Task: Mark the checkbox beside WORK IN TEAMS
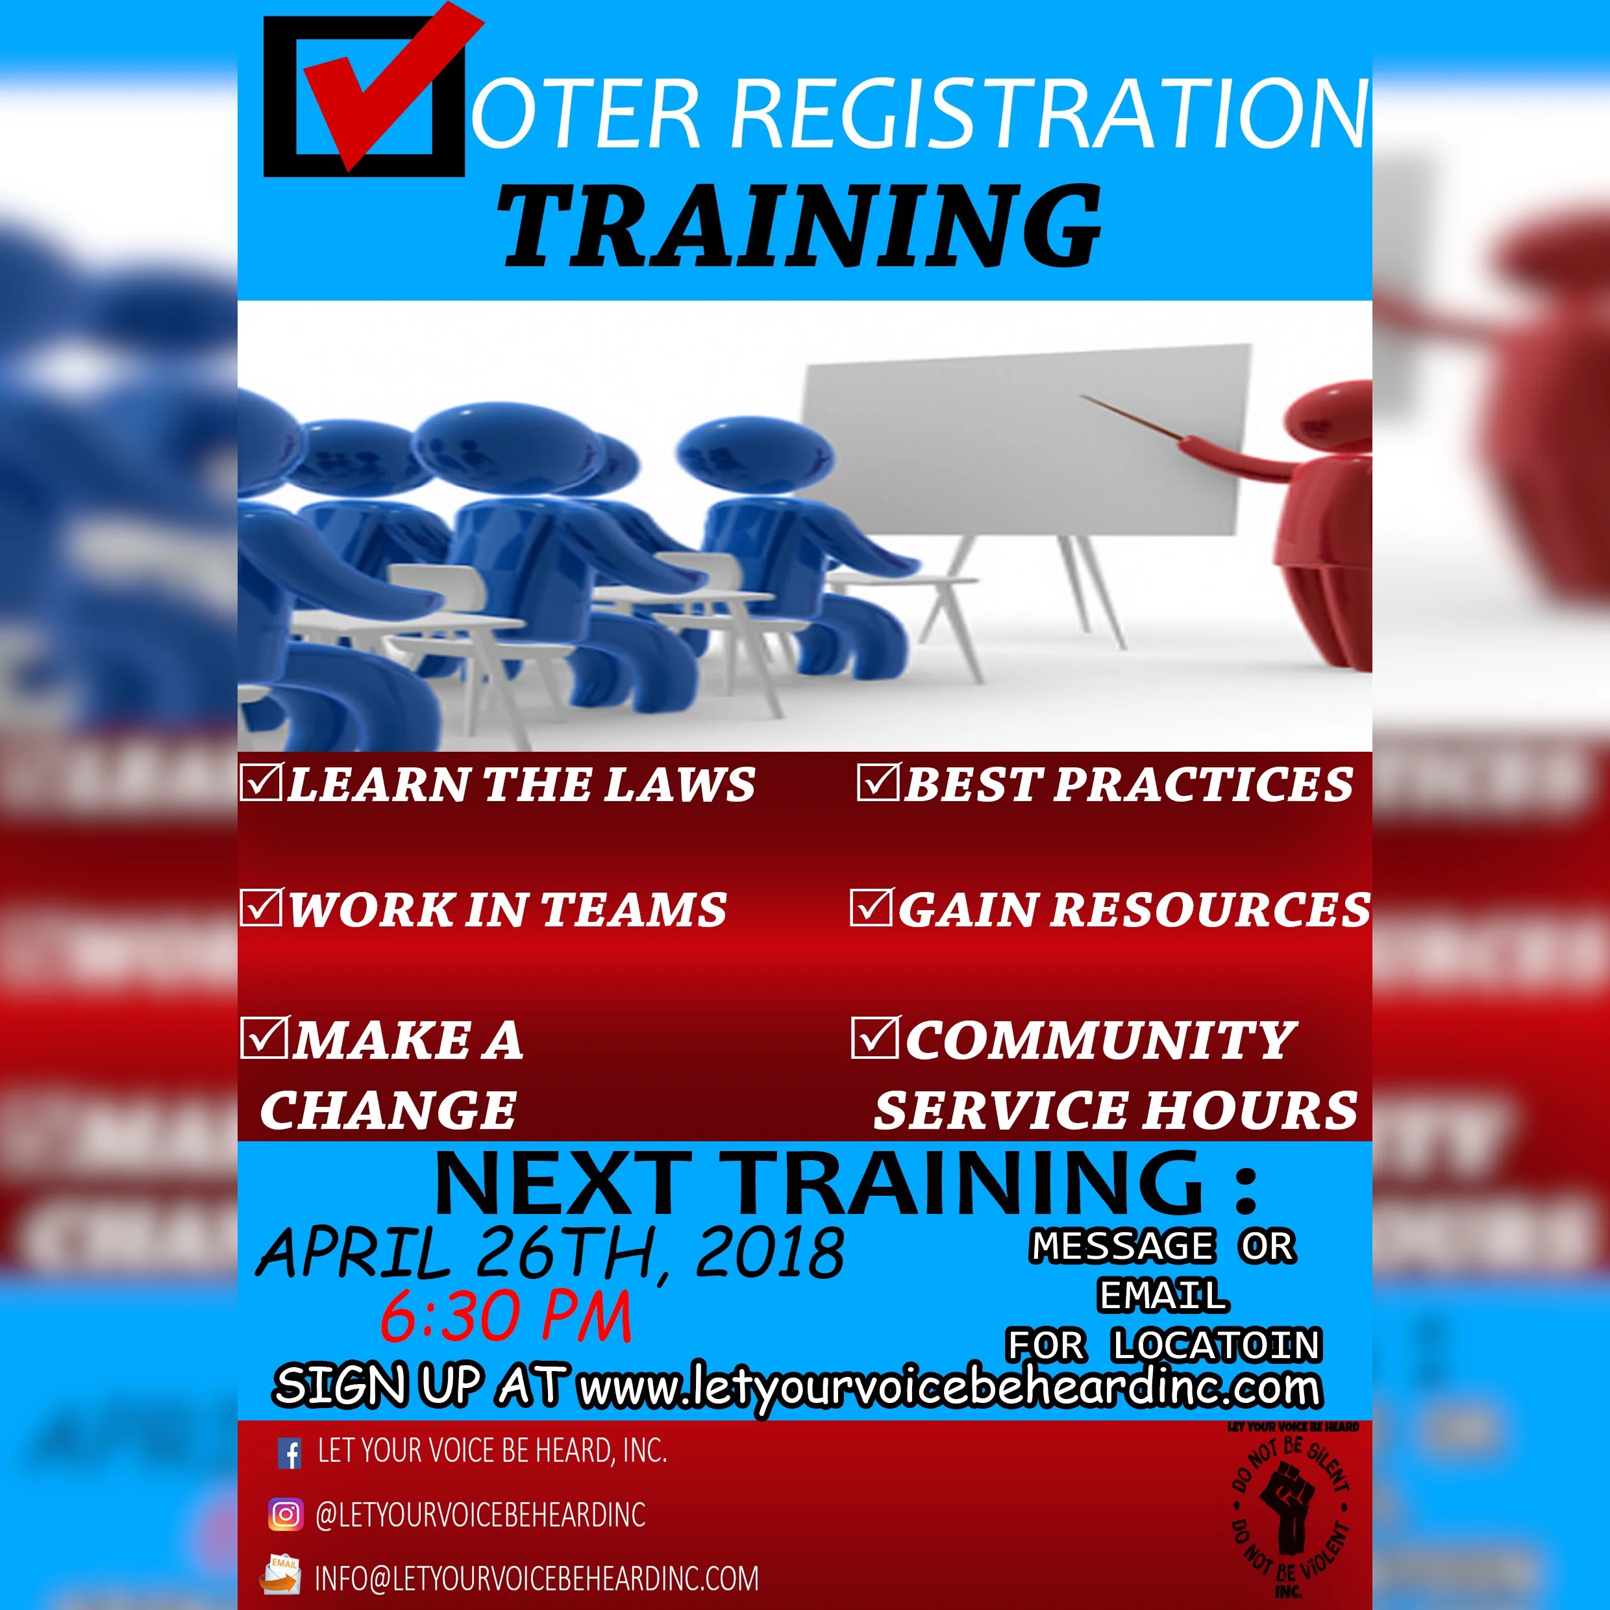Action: [261, 908]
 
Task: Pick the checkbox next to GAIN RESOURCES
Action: [870, 908]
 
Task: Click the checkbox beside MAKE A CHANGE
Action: [264, 1037]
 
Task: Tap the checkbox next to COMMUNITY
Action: [874, 1037]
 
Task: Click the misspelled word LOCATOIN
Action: [1216, 1344]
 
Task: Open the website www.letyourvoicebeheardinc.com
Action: [950, 1387]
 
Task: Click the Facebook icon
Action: [289, 1454]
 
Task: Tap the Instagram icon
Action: [285, 1514]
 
